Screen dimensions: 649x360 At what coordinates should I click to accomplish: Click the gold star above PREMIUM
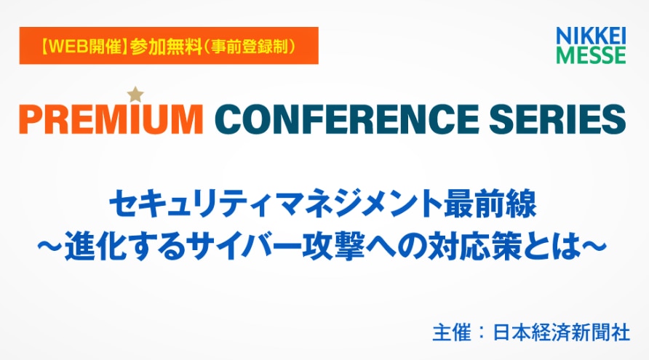135,95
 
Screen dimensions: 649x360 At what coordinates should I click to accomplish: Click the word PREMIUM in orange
111,119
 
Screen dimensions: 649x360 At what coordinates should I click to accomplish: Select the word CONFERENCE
346,119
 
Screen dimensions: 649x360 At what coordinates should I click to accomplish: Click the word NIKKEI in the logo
591,36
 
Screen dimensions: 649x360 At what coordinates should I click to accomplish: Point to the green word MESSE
591,55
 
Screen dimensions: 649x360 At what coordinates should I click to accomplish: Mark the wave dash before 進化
50,247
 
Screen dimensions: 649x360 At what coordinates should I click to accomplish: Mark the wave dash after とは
594,247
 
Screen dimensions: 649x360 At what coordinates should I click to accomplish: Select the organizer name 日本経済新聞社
562,332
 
